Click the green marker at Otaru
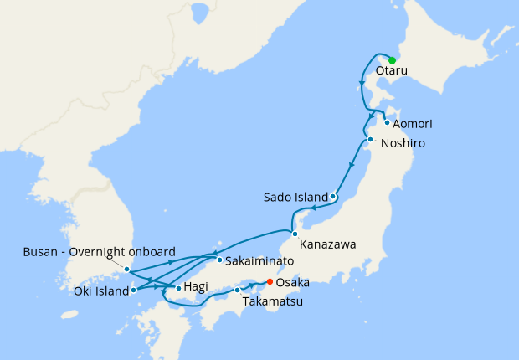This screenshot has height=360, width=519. pyautogui.click(x=392, y=60)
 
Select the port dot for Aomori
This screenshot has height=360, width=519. pyautogui.click(x=386, y=123)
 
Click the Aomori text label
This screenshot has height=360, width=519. pyautogui.click(x=413, y=124)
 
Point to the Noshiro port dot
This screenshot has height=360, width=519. pyautogui.click(x=370, y=140)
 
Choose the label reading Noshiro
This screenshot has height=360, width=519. pyautogui.click(x=403, y=144)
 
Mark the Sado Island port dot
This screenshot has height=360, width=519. pyautogui.click(x=333, y=198)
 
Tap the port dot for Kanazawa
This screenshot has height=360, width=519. pyautogui.click(x=294, y=233)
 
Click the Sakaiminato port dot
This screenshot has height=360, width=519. pyautogui.click(x=219, y=260)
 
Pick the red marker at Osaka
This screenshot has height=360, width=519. pyautogui.click(x=270, y=282)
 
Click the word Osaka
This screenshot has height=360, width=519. pyautogui.click(x=294, y=283)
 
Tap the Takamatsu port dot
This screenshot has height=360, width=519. pyautogui.click(x=238, y=291)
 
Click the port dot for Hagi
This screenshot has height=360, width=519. pyautogui.click(x=178, y=288)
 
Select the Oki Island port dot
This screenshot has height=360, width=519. pyautogui.click(x=134, y=291)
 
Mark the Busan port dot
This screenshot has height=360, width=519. pyautogui.click(x=126, y=270)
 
